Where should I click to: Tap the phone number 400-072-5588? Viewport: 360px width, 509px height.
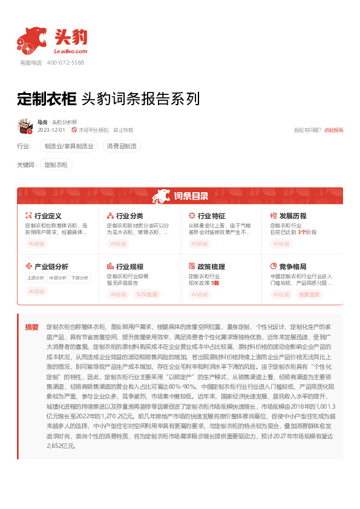[65, 62]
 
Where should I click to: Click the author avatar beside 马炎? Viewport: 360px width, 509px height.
[25, 126]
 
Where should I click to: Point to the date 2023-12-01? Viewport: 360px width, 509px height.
[51, 130]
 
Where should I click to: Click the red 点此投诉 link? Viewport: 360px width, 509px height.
[333, 130]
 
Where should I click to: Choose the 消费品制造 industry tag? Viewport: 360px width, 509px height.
[122, 146]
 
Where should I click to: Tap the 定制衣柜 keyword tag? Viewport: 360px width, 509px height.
[56, 164]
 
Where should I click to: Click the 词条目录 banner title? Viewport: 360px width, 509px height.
[191, 196]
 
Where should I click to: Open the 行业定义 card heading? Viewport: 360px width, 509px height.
[48, 216]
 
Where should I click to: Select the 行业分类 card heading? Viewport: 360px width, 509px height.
[129, 216]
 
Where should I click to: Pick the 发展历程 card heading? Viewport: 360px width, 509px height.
[293, 216]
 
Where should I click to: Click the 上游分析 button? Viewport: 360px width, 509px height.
[36, 278]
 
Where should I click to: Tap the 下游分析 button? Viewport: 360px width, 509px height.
[79, 278]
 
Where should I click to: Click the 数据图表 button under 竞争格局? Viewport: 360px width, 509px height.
[309, 294]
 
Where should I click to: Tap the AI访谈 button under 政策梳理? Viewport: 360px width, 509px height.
[200, 294]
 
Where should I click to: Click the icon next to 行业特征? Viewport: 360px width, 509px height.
[192, 216]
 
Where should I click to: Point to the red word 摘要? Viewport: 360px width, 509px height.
[32, 327]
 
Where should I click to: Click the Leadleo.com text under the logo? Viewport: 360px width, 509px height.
[70, 52]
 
